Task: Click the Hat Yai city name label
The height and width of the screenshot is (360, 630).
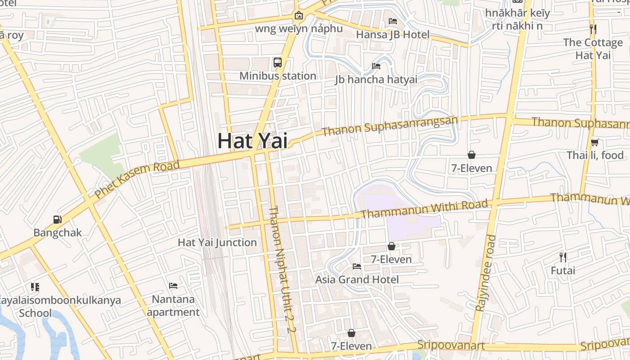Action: [252, 141]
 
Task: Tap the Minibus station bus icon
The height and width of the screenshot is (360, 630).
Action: [278, 63]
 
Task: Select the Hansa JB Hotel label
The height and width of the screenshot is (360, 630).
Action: [392, 34]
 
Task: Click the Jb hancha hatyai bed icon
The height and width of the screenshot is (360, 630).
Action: [376, 66]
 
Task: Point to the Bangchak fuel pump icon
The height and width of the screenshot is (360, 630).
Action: [57, 220]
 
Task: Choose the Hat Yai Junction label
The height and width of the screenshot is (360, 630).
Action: [217, 242]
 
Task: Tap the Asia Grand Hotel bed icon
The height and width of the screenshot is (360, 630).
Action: [357, 266]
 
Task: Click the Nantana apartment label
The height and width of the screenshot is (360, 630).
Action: [173, 306]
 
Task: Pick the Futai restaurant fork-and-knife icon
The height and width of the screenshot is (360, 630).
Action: [563, 257]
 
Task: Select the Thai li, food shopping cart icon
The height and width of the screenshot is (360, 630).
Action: [594, 143]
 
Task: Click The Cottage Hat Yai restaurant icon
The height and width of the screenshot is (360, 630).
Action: [593, 30]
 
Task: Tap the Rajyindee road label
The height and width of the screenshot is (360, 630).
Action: [486, 273]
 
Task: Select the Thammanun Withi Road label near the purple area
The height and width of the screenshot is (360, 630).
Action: [424, 209]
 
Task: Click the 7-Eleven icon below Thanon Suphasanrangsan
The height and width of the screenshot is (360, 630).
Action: [472, 155]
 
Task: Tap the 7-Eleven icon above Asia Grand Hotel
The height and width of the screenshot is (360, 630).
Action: [391, 247]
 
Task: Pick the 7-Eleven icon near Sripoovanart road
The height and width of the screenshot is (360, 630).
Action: [351, 333]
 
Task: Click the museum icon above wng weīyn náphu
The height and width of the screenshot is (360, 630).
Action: [298, 15]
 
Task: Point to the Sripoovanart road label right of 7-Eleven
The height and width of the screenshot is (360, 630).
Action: [451, 345]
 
